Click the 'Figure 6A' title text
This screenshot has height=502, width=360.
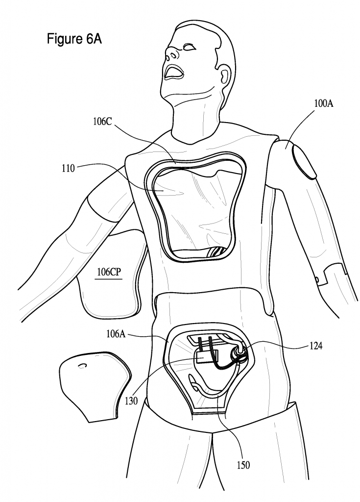(x=74, y=39)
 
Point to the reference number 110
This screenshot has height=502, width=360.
(x=68, y=168)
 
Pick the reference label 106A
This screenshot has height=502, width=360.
(x=116, y=335)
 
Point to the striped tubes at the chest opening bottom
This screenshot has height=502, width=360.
(x=215, y=252)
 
